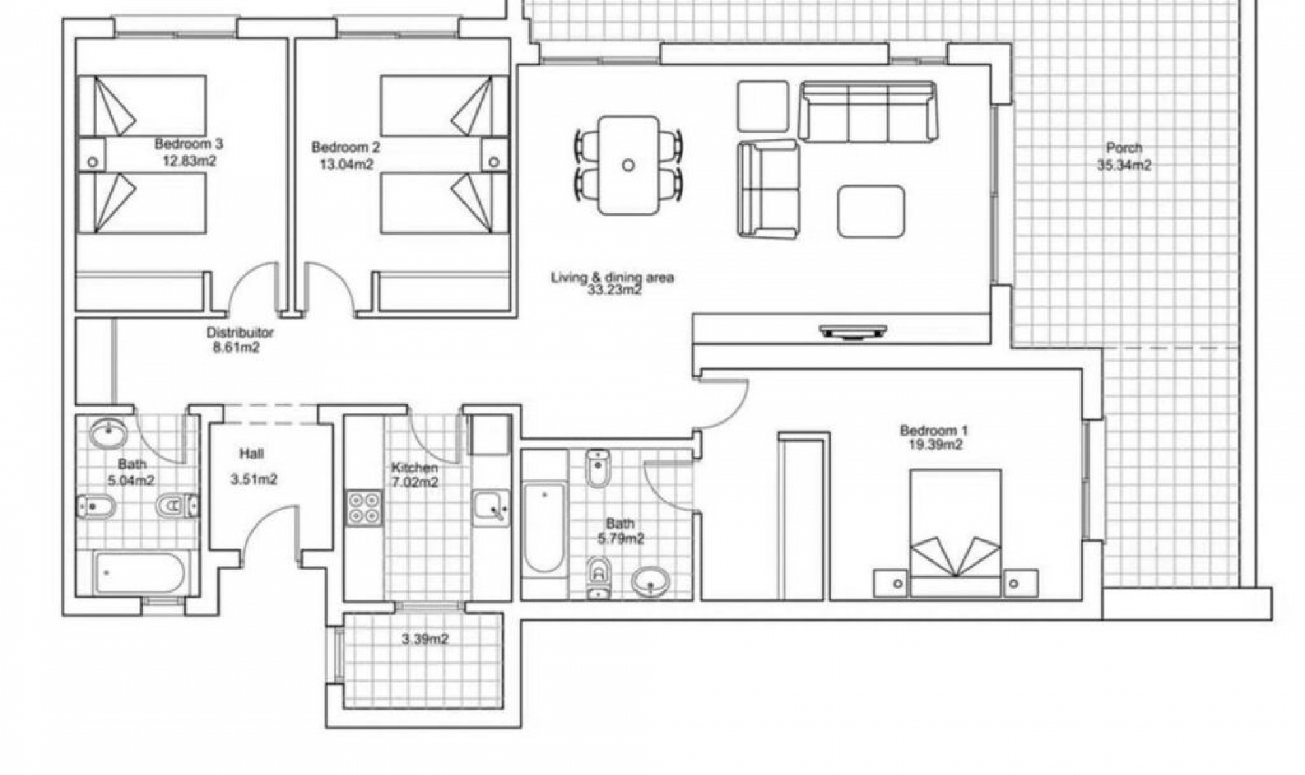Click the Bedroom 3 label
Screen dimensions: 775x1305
(188, 144)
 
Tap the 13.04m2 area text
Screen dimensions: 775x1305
(347, 164)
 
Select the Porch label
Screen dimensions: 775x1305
(1124, 148)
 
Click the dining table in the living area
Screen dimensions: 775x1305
(629, 165)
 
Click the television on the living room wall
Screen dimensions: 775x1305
(853, 332)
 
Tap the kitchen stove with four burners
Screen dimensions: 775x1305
(364, 508)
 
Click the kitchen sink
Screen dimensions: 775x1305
(491, 508)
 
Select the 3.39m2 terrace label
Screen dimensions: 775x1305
(425, 640)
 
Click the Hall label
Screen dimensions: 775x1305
(251, 453)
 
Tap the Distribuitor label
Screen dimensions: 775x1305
(240, 332)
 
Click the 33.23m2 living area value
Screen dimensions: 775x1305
(614, 290)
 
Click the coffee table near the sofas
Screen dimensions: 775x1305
(871, 211)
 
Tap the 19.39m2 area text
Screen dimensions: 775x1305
(935, 445)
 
